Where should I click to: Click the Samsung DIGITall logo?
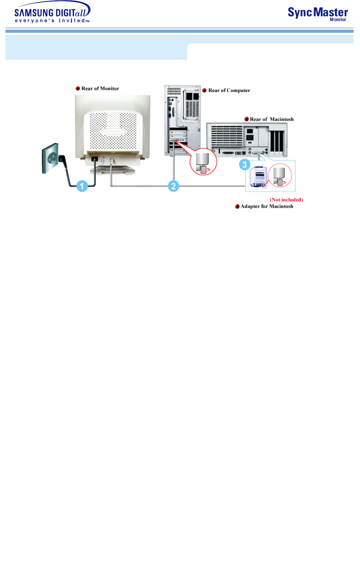click(52, 13)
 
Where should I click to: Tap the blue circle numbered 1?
click(82, 186)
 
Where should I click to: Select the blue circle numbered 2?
click(173, 186)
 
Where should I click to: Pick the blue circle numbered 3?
click(244, 165)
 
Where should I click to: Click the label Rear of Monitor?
click(100, 88)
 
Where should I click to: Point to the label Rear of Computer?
click(229, 90)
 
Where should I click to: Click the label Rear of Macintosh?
click(272, 119)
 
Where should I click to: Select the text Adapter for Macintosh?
click(267, 206)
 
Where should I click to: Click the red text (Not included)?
click(286, 200)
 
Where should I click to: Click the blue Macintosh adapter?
click(257, 177)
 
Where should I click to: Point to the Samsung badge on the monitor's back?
click(113, 131)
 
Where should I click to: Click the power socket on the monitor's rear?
click(95, 159)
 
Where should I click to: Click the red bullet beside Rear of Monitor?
click(78, 88)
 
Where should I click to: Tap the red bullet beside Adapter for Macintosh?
click(237, 206)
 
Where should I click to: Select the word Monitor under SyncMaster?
click(338, 20)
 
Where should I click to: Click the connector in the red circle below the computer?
click(203, 162)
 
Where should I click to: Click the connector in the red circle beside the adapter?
click(280, 176)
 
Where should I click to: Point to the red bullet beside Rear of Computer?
click(204, 90)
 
